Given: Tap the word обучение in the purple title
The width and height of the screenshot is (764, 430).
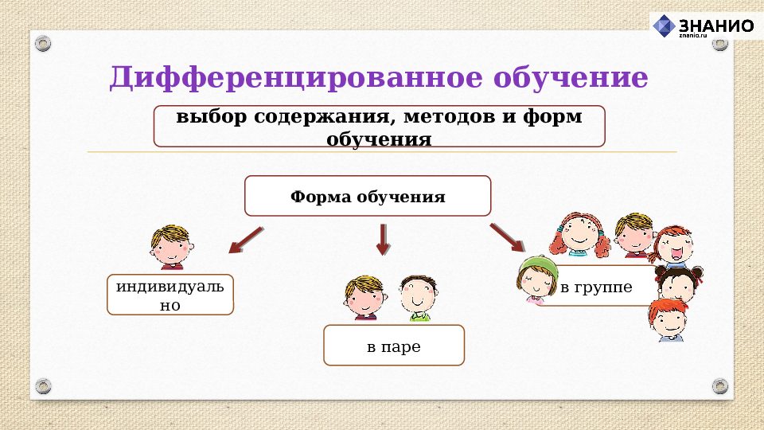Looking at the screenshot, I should click(x=571, y=79).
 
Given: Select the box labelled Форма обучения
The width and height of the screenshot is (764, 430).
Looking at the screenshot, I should click(x=368, y=196).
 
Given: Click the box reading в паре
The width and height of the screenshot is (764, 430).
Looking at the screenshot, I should click(x=393, y=346).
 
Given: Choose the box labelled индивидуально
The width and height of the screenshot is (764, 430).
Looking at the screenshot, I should click(x=170, y=295).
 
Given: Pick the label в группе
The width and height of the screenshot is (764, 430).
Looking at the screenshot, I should click(x=596, y=287).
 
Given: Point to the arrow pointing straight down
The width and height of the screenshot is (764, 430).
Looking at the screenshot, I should click(x=383, y=238).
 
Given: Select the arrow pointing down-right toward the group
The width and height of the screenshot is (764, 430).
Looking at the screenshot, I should click(x=507, y=238).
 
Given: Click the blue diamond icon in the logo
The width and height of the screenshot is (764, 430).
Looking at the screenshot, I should click(x=664, y=25).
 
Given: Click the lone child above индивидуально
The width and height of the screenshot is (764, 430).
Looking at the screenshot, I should click(x=170, y=246).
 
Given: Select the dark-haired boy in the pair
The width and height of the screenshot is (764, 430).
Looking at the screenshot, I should click(x=415, y=298).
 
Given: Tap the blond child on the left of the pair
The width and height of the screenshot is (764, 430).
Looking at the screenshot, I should click(x=364, y=298).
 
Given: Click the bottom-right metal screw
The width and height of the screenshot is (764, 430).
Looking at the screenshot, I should click(x=719, y=386).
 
